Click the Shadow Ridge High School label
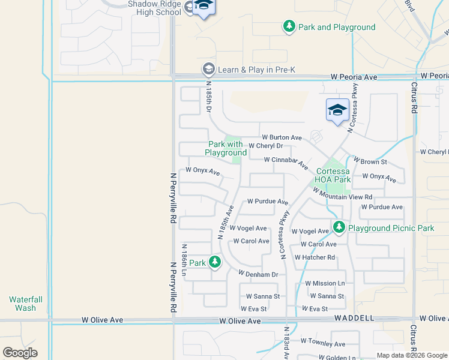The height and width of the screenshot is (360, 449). tap(154, 8)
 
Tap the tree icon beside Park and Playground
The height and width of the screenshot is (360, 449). tap(289, 26)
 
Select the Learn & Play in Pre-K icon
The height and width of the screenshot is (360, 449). tap(208, 69)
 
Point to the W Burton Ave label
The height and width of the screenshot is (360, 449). tap(281, 137)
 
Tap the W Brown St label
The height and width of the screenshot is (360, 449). tap(370, 161)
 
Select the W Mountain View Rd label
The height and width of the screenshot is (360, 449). tap(342, 194)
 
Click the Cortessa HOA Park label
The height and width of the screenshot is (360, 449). tap(333, 175)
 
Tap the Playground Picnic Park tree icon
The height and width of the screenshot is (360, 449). tap(339, 227)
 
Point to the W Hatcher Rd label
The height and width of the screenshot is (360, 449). tap(315, 257)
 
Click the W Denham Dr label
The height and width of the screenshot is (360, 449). tap(258, 274)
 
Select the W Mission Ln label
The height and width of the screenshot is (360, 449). tap(325, 283)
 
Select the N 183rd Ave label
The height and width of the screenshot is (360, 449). tap(288, 344)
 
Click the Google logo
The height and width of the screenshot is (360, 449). tap(20, 353)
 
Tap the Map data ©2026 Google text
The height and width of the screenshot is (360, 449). tap(411, 355)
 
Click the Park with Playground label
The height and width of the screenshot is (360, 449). tap(226, 148)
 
